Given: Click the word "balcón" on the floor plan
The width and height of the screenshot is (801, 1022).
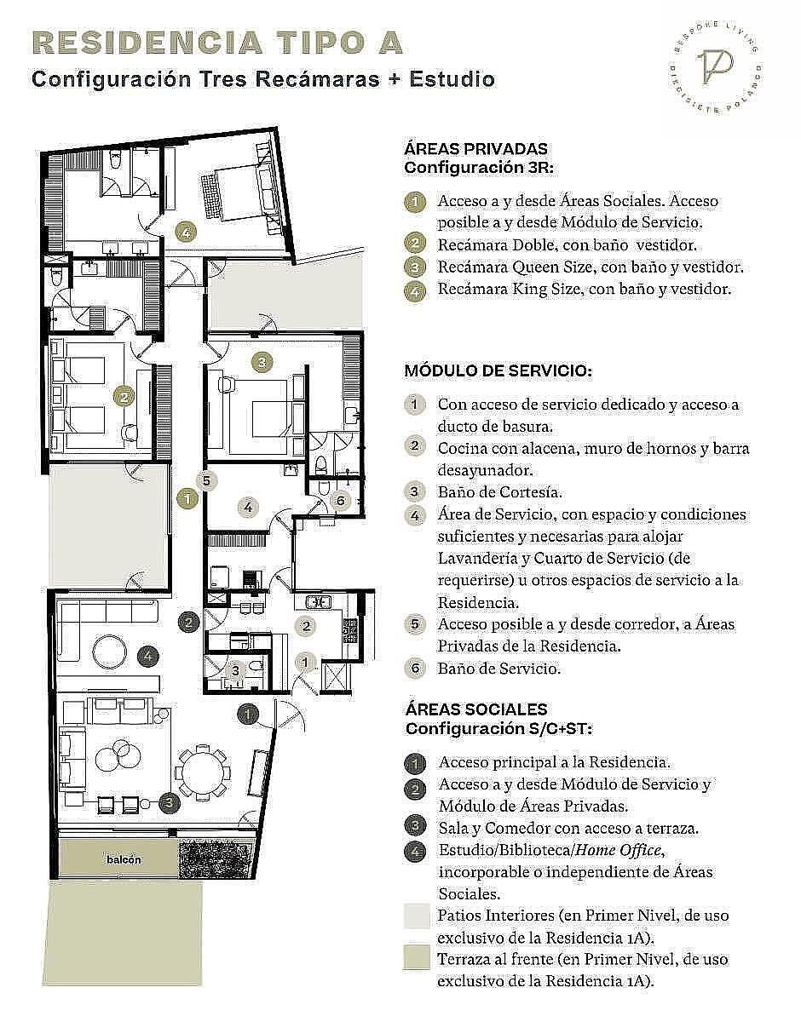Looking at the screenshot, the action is point(124,859).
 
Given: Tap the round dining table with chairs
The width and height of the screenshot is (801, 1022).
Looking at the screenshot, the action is point(203,772).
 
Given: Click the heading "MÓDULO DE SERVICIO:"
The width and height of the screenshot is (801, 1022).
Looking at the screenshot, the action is point(498,370).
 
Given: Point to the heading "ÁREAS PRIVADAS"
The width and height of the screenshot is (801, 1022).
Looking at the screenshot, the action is point(475,149).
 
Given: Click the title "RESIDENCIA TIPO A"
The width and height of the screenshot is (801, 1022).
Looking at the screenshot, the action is point(218,43).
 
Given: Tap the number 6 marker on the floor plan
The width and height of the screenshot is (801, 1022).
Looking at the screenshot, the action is point(341,500).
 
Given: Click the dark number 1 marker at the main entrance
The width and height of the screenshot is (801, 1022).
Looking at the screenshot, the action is point(248,715).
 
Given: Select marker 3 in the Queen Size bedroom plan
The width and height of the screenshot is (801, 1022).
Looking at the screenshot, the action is point(262,362).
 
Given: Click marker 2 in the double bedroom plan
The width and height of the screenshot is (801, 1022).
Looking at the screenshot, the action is point(124,397).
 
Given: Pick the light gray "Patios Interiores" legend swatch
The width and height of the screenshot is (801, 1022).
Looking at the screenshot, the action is point(416,916).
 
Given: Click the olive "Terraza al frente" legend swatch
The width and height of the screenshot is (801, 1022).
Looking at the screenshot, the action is point(416,957).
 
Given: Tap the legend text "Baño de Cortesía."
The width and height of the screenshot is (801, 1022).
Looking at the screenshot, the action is point(500,492).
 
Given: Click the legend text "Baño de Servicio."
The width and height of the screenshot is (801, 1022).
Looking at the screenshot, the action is point(499,668).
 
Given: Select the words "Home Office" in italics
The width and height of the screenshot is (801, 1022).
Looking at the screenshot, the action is point(619,850).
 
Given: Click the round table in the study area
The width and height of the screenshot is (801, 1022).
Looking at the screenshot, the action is point(110,652).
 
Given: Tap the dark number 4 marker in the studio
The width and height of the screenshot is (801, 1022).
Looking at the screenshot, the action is point(148,656).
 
